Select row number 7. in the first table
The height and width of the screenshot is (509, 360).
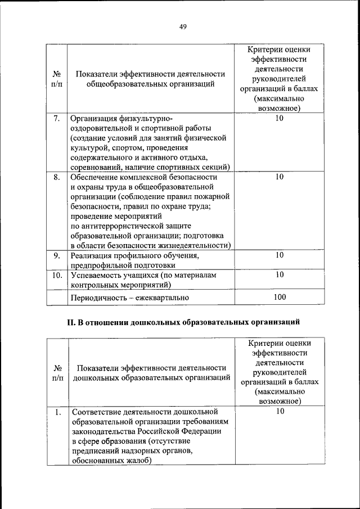[56, 119]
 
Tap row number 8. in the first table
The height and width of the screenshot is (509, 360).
[56, 177]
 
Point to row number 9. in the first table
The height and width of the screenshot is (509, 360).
[56, 255]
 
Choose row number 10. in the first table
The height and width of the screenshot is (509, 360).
[56, 275]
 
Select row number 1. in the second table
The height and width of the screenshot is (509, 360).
[57, 412]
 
